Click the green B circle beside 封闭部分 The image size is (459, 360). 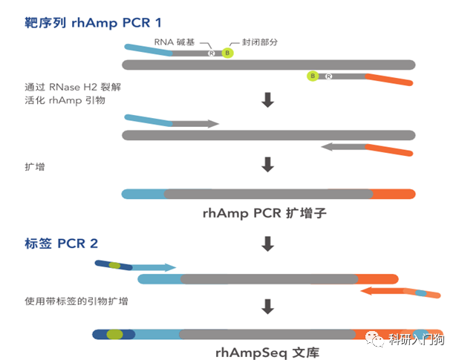[x=228, y=53]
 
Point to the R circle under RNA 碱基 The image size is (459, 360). [x=212, y=53]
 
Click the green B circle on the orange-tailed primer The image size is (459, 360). [x=313, y=76]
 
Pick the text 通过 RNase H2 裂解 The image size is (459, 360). [x=73, y=87]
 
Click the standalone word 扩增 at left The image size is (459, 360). [x=34, y=168]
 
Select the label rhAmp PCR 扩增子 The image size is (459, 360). [x=264, y=214]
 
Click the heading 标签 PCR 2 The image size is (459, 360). [x=61, y=243]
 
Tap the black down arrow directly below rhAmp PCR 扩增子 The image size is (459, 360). [x=268, y=243]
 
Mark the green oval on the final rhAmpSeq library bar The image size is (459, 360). [x=114, y=335]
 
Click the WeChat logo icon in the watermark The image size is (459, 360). [x=378, y=338]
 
